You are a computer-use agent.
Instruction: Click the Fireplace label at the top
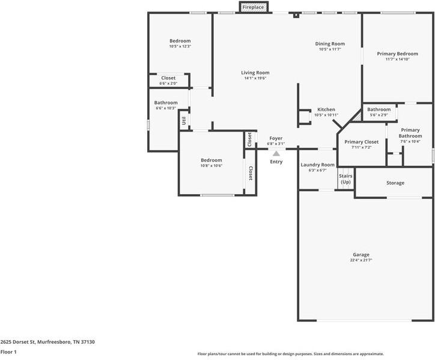254,7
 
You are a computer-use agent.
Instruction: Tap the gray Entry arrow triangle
276,153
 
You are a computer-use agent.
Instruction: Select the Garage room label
361,255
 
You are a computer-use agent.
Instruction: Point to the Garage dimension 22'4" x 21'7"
361,260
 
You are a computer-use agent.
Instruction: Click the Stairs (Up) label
345,179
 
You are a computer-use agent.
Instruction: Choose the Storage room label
395,183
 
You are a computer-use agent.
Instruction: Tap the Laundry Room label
318,165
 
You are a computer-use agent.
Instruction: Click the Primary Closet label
362,142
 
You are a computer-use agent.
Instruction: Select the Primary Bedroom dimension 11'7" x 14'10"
398,59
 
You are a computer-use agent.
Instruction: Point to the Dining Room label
330,44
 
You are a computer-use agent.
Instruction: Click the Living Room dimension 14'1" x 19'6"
255,78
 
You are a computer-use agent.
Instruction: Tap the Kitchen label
326,109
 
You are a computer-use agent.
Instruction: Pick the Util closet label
184,121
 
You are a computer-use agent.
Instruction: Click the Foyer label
276,138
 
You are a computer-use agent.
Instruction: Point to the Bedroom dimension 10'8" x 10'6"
211,166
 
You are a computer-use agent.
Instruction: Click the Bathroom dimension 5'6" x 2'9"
379,115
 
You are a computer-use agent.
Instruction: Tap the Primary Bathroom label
410,133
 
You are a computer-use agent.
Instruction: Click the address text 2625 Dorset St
18,342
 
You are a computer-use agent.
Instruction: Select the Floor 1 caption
8,352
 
